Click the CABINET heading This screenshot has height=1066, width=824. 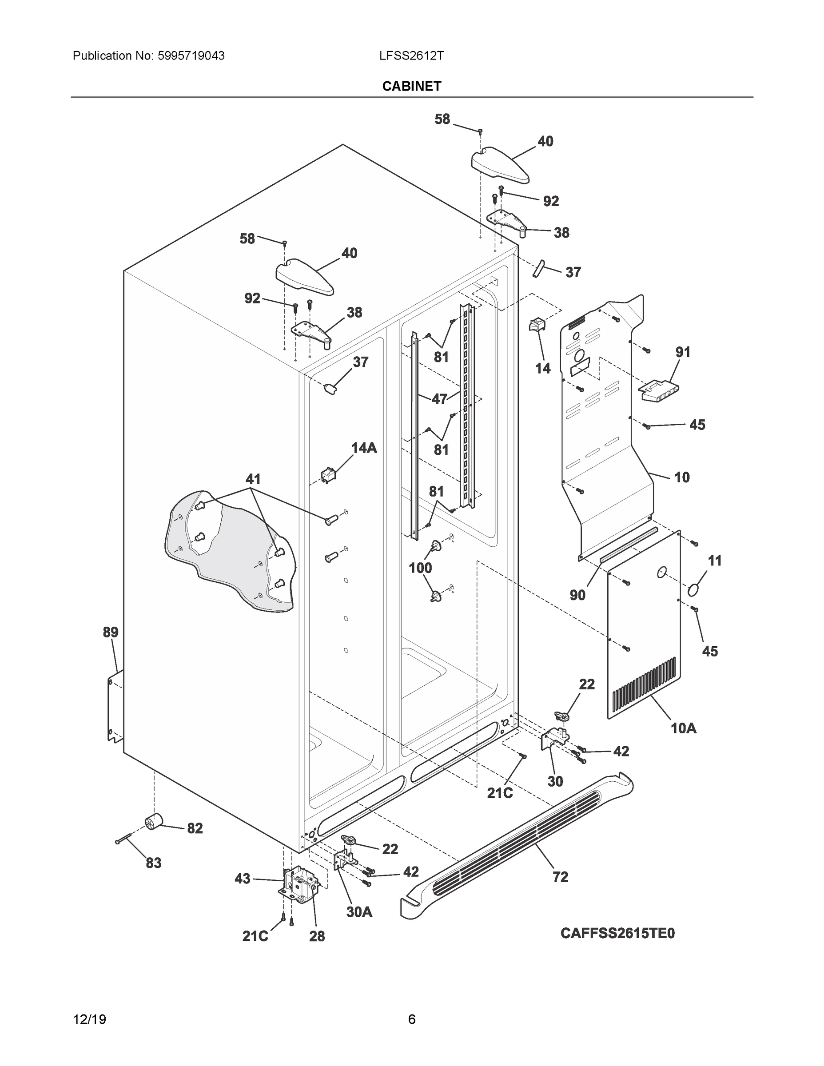click(411, 87)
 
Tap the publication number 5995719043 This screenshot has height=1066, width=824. click(191, 56)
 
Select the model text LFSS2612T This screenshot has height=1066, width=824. click(411, 56)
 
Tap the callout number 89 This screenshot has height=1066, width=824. click(110, 632)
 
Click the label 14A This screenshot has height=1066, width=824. click(364, 448)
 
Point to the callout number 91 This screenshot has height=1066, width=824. click(683, 352)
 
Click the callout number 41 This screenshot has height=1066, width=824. click(253, 479)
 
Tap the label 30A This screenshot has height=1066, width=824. click(359, 912)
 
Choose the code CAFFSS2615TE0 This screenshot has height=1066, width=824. click(617, 933)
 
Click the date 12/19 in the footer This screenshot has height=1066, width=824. click(89, 1019)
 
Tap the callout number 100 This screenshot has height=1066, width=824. click(420, 568)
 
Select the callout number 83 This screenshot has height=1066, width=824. click(153, 863)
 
